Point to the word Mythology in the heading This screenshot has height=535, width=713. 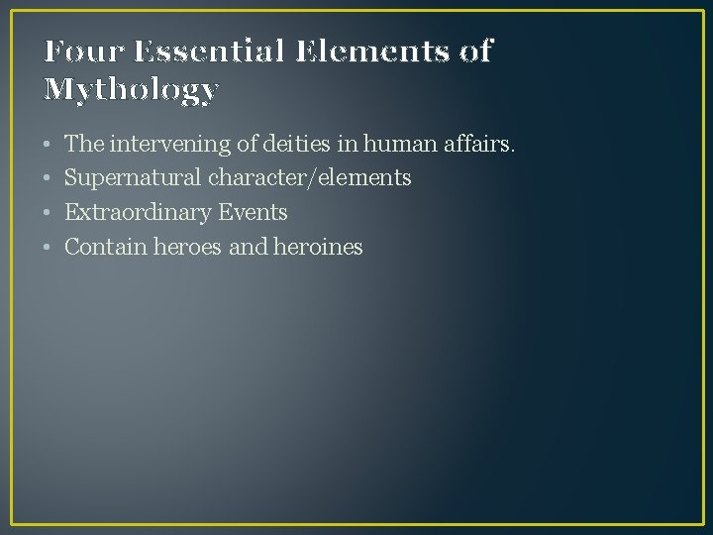point(131,90)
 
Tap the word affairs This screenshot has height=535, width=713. point(481,145)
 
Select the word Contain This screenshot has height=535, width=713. point(105,247)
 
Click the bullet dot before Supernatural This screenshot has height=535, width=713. point(49,179)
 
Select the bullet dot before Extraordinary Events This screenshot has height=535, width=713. point(49,213)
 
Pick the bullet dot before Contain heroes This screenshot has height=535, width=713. point(49,247)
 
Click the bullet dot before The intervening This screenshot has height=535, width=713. point(49,146)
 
